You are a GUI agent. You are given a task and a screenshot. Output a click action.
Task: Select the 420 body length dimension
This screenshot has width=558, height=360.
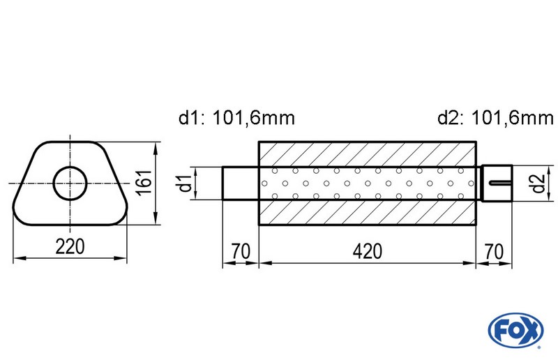(x=368, y=251)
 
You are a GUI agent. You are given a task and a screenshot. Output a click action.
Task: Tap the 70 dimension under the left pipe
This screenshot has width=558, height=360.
(x=240, y=251)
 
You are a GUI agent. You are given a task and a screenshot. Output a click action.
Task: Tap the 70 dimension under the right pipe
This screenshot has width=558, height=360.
(x=493, y=251)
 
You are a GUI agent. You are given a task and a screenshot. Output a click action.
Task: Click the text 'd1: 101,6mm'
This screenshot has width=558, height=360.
(x=236, y=118)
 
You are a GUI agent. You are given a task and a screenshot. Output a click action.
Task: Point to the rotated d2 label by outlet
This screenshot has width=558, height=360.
(x=536, y=184)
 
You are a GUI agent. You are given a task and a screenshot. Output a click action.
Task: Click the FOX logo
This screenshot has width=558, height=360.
(x=516, y=329)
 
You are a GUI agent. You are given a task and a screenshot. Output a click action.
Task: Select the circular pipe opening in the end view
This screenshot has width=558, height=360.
(x=70, y=184)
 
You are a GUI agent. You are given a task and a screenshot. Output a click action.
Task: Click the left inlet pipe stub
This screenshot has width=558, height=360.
(x=241, y=184)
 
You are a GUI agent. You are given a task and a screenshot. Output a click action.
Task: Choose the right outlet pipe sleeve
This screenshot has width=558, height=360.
(x=497, y=184)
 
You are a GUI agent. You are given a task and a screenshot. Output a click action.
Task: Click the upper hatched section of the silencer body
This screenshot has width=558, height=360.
(x=368, y=154)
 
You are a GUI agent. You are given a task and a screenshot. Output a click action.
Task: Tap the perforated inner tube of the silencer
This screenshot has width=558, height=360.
(x=368, y=184)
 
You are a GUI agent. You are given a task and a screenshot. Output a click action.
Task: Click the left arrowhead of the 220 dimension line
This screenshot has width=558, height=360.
(x=18, y=259)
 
